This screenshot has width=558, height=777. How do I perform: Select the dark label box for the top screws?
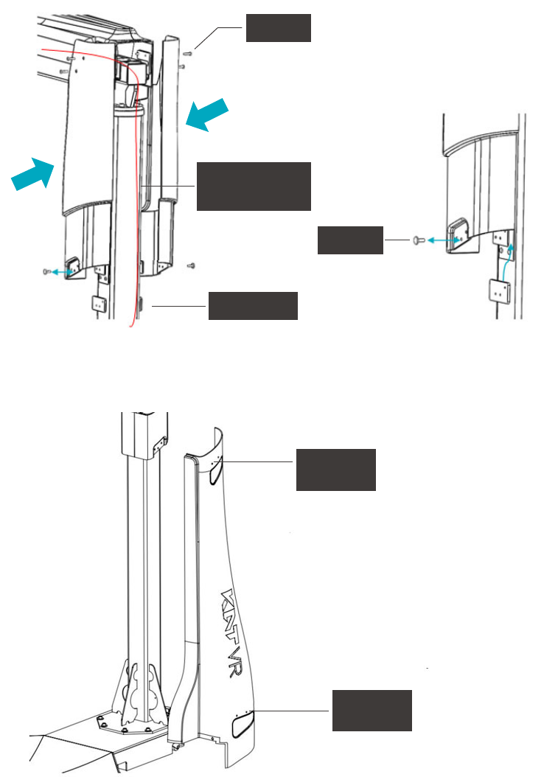coord(278,27)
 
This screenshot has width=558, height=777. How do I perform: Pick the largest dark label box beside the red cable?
coord(254,186)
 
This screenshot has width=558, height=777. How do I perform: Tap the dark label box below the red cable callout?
coord(253,305)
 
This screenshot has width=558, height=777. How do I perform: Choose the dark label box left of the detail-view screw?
coord(350,240)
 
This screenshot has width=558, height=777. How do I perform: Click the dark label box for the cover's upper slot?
coord(335,469)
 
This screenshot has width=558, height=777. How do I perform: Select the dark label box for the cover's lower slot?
coord(372,710)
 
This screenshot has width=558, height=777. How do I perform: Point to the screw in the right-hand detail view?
coord(418,240)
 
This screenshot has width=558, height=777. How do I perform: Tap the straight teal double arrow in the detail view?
coord(441,240)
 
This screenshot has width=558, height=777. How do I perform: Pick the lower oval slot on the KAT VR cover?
coord(243,724)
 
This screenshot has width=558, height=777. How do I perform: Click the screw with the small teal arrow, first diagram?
coord(48,272)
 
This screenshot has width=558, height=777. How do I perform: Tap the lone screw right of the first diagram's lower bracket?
coord(190,264)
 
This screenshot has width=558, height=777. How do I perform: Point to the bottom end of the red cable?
coord(132,326)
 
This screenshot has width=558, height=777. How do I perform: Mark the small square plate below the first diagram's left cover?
coord(97,303)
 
